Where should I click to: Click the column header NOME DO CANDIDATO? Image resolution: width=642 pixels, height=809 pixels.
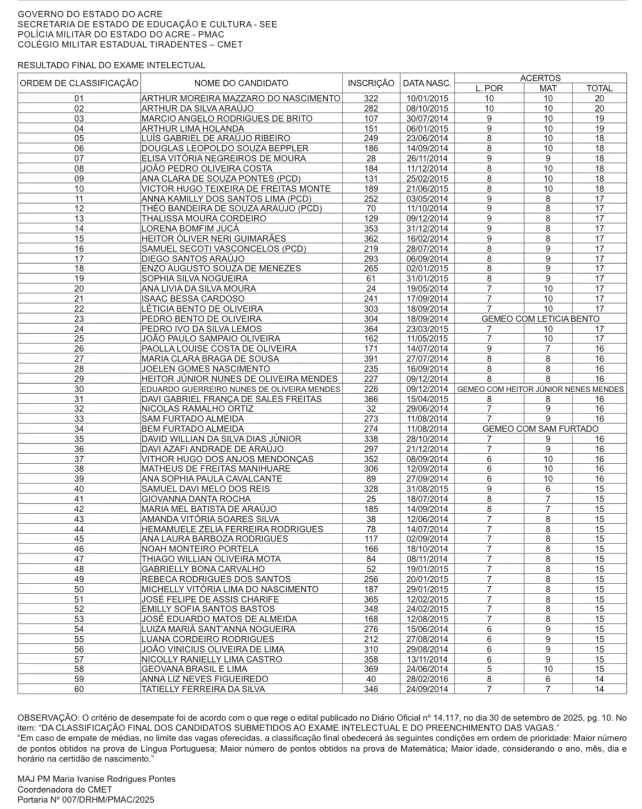point(241,83)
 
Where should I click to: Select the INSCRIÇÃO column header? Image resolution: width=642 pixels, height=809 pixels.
point(371,83)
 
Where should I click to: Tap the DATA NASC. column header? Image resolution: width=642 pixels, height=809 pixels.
point(427,83)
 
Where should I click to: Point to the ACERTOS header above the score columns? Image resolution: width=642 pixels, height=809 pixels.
point(540,78)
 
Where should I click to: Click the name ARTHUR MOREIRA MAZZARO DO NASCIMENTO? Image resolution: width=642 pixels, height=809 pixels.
point(241,98)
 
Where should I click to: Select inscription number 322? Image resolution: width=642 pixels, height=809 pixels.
point(371,98)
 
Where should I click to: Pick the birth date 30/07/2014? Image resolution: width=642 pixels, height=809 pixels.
point(427,118)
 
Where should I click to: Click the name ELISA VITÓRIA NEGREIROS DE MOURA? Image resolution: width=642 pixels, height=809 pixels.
point(223,158)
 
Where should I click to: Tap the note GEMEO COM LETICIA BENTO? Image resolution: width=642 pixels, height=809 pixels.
point(540,319)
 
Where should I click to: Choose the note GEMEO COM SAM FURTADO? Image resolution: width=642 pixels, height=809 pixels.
point(540,429)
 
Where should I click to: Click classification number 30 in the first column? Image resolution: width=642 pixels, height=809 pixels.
point(79,389)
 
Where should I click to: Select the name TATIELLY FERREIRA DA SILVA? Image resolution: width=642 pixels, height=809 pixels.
point(203,689)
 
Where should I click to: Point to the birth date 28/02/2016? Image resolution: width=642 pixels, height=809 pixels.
point(427,679)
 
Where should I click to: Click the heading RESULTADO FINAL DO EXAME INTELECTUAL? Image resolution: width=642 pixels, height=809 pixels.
point(111,66)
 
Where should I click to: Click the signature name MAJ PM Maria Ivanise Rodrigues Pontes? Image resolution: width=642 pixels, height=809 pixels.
point(97,779)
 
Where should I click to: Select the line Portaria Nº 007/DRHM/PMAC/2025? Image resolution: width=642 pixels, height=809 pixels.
point(86,799)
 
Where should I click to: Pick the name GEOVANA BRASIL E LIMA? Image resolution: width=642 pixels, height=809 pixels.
point(194,669)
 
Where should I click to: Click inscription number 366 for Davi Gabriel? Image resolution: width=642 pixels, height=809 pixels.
point(371,399)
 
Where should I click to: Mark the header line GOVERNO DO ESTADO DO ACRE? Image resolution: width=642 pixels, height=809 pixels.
point(90,14)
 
